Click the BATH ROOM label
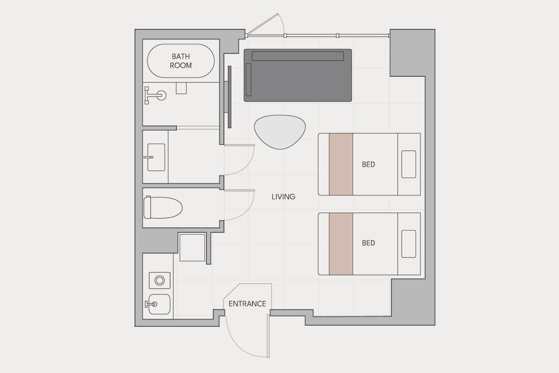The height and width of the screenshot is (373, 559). (x=181, y=60)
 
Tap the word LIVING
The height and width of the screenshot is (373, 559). (x=283, y=196)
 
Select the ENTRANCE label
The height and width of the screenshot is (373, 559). (x=248, y=304)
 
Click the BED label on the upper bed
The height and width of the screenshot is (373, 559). (x=368, y=164)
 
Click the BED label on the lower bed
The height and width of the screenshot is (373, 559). (x=368, y=243)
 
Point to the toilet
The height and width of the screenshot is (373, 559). (x=163, y=207)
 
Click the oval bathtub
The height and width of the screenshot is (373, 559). (x=181, y=60)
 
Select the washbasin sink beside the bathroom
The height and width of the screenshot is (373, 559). (x=156, y=157)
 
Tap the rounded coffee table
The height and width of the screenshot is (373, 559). (x=280, y=131)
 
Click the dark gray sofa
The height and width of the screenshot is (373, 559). (x=298, y=75)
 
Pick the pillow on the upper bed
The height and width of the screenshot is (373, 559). (x=409, y=164)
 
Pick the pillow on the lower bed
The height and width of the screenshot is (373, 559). (x=409, y=244)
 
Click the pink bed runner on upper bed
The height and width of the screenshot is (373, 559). (x=341, y=164)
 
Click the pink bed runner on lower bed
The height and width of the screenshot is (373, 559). (x=341, y=244)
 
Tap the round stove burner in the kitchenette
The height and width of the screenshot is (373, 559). (x=159, y=280)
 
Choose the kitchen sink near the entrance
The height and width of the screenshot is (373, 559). (x=159, y=304)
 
